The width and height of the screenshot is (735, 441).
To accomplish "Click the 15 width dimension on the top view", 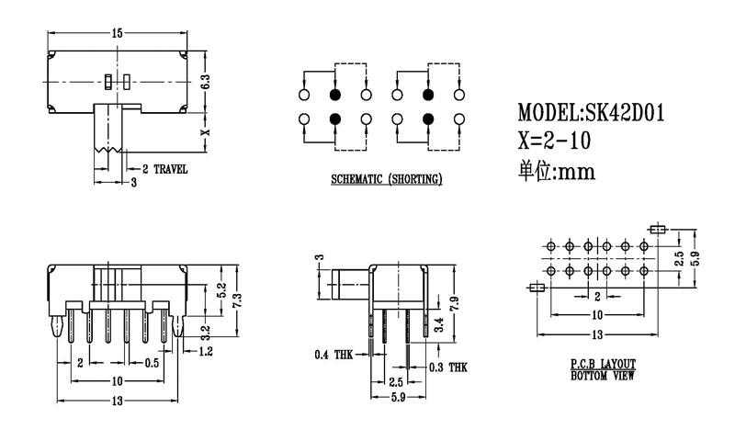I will coord(117,33).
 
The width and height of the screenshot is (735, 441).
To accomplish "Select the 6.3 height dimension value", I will coord(207,83).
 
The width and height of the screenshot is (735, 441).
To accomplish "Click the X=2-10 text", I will coord(554,141).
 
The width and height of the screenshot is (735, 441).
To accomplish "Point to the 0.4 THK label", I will coord(332,354).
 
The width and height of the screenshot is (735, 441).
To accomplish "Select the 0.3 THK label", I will coord(449,367).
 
